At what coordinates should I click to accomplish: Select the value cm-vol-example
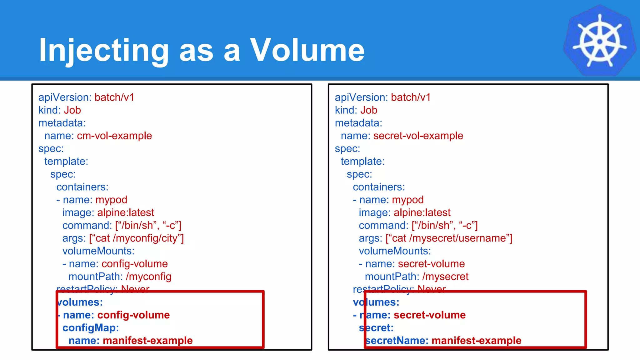tap(114, 136)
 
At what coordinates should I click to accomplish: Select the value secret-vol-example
tap(418, 136)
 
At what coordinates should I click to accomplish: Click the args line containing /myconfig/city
tap(123, 238)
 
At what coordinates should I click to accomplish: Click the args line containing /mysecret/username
tap(435, 238)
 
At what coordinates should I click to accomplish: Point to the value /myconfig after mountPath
tap(148, 277)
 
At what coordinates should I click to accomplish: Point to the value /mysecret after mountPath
tap(445, 277)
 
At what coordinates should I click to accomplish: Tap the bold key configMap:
tap(91, 328)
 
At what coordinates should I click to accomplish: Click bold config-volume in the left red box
tap(133, 315)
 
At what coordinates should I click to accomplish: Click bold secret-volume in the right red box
tap(429, 315)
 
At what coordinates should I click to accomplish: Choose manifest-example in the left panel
tap(147, 341)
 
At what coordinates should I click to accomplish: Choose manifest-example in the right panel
tap(476, 341)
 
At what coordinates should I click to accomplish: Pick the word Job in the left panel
tap(72, 110)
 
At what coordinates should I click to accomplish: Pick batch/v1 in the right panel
tap(411, 97)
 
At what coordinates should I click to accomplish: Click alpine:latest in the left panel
tap(126, 213)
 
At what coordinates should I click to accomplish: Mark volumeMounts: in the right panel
tap(395, 251)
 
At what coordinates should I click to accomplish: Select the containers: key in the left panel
tap(82, 187)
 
